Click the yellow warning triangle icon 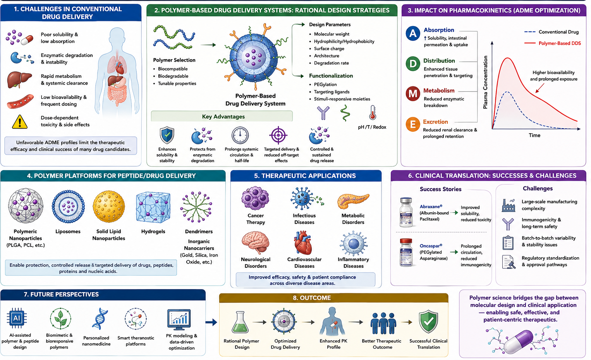point(20,122)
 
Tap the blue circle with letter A point(413,33)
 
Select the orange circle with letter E point(413,124)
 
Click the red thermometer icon point(373,113)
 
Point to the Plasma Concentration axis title point(485,82)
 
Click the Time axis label point(534,135)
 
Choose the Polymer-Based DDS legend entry point(553,43)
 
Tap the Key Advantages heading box point(222,116)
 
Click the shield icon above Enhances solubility point(167,135)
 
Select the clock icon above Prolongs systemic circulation point(240,135)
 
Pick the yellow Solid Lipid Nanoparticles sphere point(109,207)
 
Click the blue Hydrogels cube point(153,208)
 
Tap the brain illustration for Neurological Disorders point(255,242)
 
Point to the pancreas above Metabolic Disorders point(353,201)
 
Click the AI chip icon point(17,318)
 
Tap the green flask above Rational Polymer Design point(240,322)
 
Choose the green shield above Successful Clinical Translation point(428,322)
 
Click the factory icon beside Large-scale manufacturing point(509,205)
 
